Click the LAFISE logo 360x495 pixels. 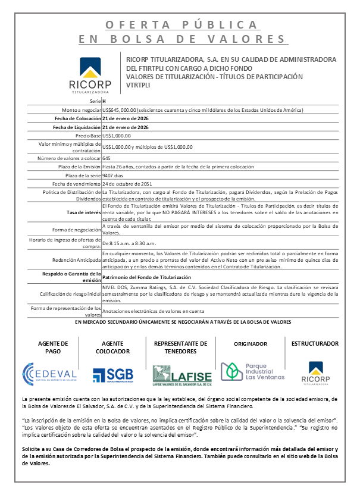181,374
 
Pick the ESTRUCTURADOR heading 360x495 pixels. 315,343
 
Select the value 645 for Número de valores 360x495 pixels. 107,159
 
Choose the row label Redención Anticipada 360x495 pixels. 77,260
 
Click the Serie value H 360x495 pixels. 105,102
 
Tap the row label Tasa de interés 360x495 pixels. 83,212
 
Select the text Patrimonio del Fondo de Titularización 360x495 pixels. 147,278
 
